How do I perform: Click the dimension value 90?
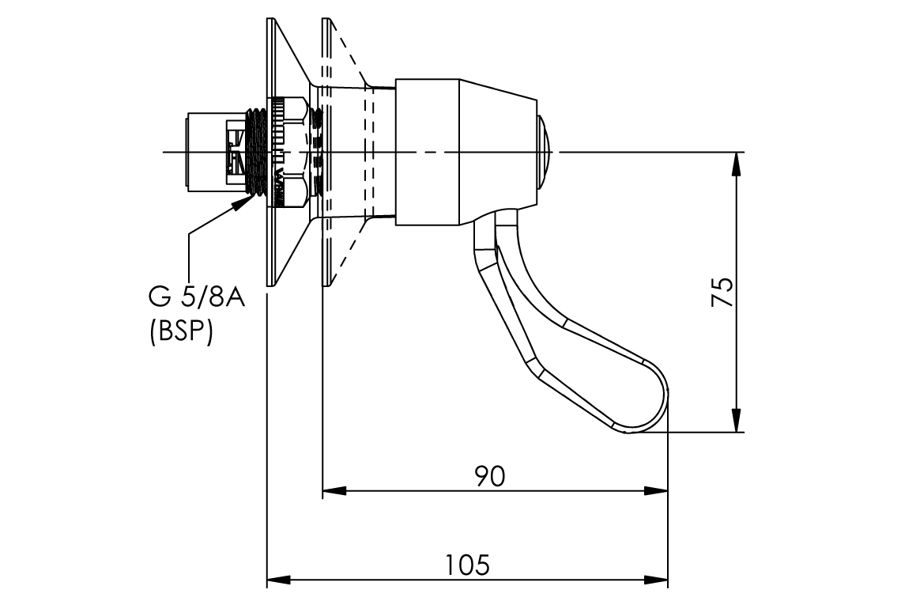click(x=489, y=475)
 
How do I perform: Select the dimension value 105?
click(x=466, y=565)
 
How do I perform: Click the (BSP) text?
click(x=181, y=332)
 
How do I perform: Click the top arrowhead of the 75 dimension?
click(x=737, y=163)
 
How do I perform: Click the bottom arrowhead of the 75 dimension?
click(x=737, y=421)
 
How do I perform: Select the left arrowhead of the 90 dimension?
click(x=334, y=491)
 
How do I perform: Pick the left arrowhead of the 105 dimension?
click(x=278, y=580)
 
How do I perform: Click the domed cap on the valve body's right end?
click(x=546, y=151)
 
